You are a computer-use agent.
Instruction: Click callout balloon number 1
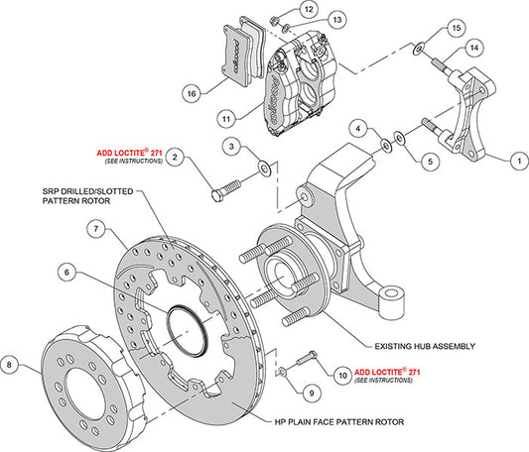tap(517, 158)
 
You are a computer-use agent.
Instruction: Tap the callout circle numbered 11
tap(226, 117)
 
